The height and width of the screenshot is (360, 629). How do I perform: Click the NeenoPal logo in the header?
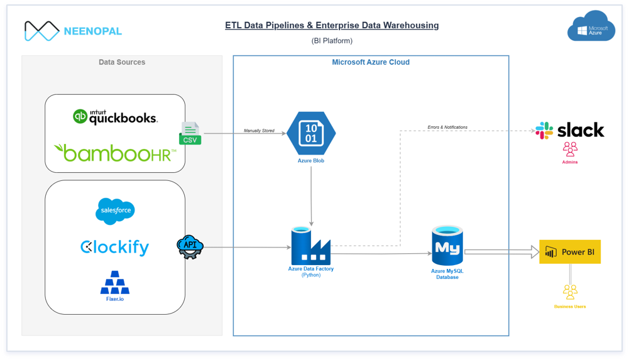coord(73,31)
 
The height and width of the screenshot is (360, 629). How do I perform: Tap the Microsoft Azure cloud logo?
coord(591,27)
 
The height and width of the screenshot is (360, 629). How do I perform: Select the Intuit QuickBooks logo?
coord(115,116)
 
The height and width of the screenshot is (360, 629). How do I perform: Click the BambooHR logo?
coord(115,153)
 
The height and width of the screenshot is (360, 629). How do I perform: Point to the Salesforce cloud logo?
coord(115,211)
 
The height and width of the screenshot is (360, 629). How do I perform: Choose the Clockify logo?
coord(115,247)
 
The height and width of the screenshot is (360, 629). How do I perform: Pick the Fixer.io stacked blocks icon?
coord(115,283)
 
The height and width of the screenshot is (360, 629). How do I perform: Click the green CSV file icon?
coord(190,133)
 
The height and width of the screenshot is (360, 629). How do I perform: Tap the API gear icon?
coord(190,247)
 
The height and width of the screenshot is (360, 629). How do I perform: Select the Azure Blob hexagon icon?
coord(311,133)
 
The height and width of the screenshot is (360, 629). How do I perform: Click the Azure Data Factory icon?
coord(310,246)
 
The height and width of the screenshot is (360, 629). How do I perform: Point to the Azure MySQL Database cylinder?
coord(447,246)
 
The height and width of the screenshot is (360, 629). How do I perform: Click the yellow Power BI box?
coord(570,252)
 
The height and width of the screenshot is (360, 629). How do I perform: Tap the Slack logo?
coord(569,130)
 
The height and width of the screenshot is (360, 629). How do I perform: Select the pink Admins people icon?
coord(570,150)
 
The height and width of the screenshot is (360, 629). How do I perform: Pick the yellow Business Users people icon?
coord(570,292)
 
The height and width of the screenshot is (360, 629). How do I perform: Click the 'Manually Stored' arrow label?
coord(259,131)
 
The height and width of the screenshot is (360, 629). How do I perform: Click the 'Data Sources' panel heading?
coord(122,62)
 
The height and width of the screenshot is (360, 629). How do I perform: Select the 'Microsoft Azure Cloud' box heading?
coord(371,62)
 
